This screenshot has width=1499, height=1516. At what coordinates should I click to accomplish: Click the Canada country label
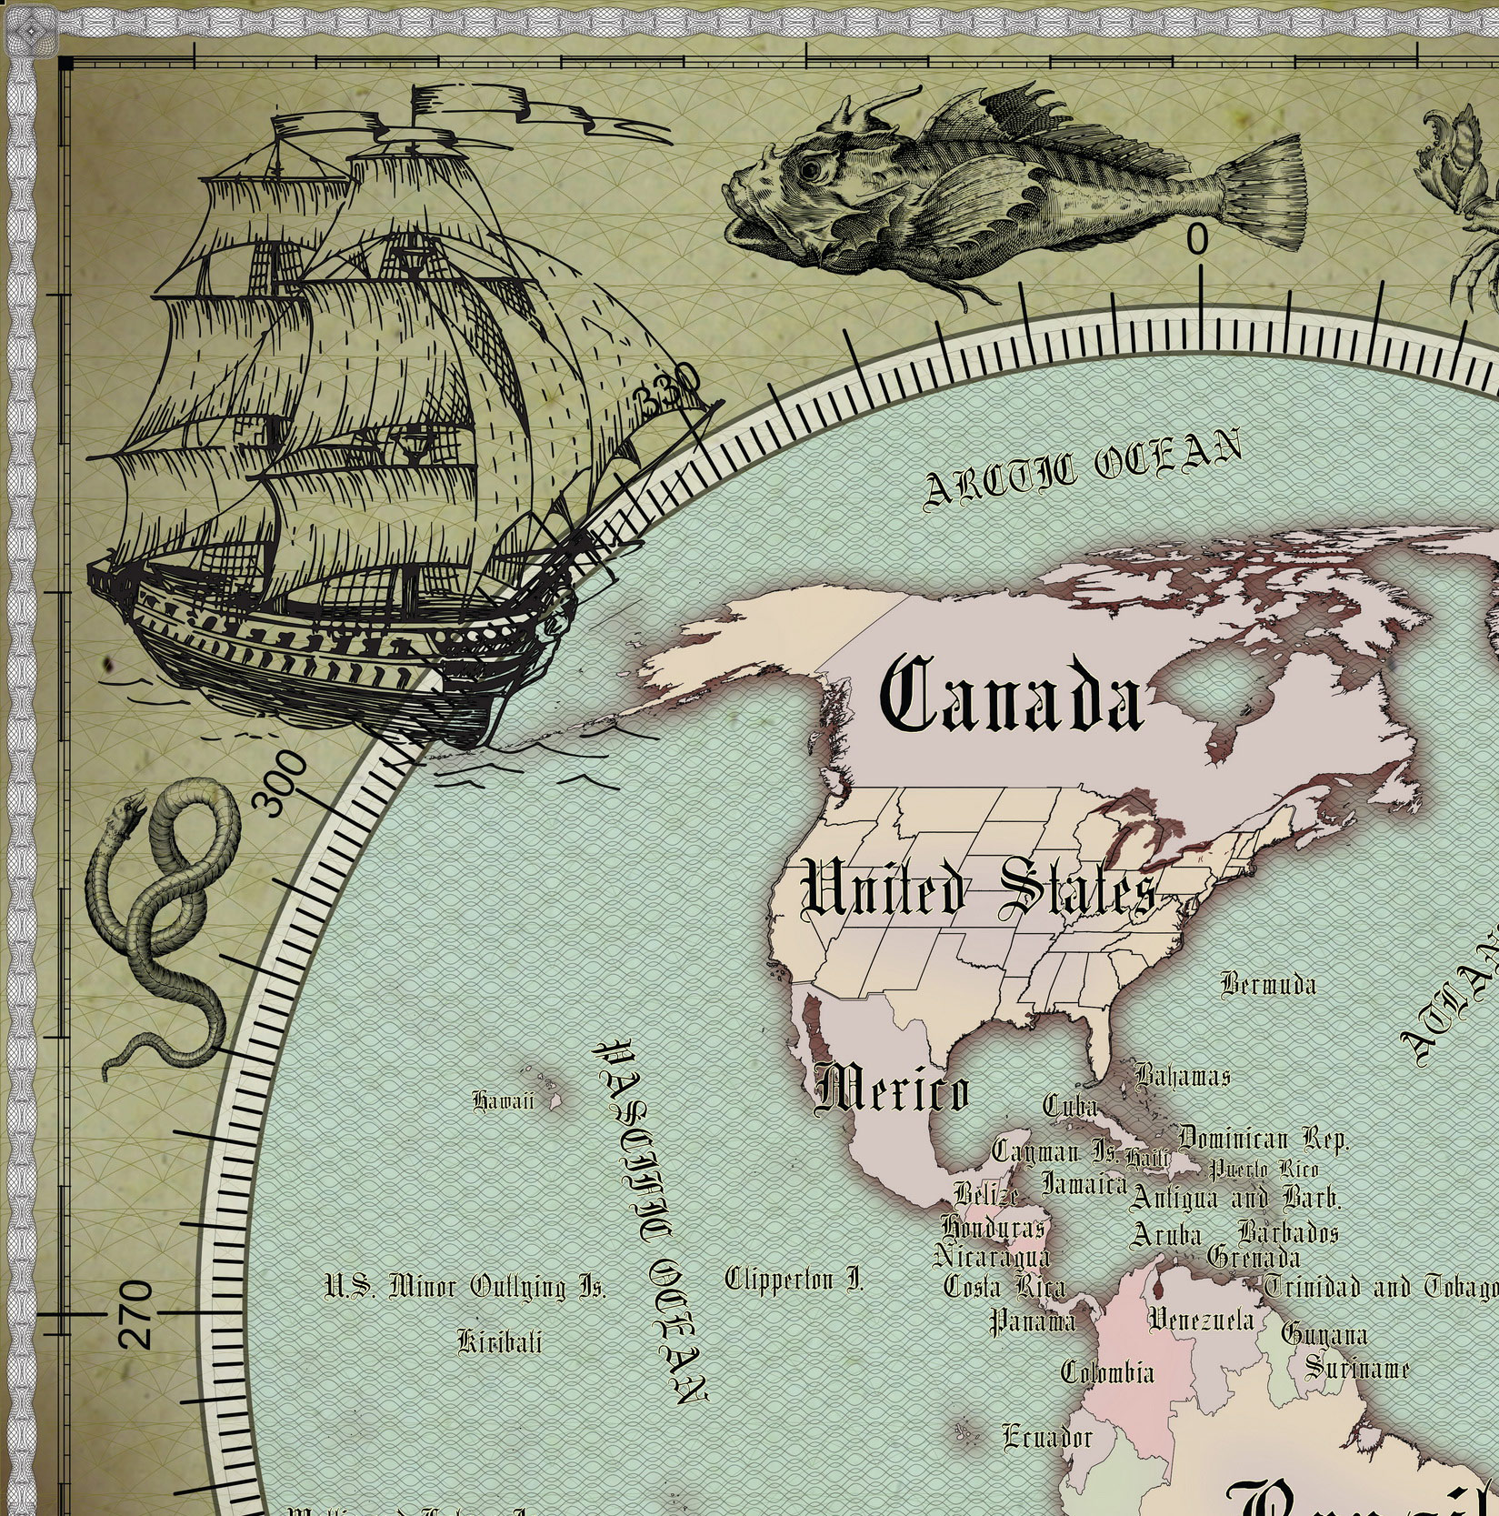[x=1011, y=697]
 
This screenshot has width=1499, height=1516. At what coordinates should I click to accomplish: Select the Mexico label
[x=892, y=1089]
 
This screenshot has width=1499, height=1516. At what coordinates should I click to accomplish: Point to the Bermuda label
[x=1267, y=984]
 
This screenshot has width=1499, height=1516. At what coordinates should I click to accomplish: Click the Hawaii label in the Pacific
[x=503, y=1101]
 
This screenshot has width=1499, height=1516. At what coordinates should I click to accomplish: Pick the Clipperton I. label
[x=794, y=1280]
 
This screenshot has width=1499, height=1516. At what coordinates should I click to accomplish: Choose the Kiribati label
[x=499, y=1341]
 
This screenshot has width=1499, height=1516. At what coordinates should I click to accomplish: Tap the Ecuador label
[x=1046, y=1437]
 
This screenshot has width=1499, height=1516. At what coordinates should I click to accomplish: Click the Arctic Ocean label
[x=1082, y=467]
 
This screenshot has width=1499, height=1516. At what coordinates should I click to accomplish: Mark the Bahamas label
[x=1182, y=1077]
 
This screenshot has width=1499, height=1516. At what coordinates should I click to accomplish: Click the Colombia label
[x=1107, y=1372]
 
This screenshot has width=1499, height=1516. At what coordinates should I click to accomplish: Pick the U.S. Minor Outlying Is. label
[x=465, y=1287]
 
